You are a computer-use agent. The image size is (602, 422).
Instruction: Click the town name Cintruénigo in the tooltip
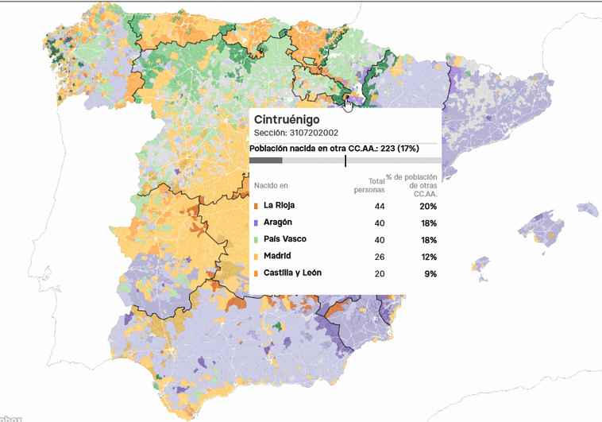tap(287, 119)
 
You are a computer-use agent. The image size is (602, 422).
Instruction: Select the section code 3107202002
tap(296, 133)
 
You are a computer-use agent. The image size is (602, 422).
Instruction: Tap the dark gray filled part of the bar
tap(265, 161)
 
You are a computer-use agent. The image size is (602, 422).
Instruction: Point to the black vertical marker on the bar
tap(345, 161)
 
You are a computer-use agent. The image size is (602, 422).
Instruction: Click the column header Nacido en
tap(271, 186)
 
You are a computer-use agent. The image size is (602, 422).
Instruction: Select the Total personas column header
tap(369, 185)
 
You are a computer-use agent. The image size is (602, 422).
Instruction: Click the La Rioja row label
tap(279, 205)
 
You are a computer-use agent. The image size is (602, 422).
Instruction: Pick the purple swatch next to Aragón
tap(256, 223)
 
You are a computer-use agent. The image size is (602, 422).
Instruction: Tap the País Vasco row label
tap(284, 239)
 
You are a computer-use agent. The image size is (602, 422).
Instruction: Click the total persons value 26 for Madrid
tap(379, 257)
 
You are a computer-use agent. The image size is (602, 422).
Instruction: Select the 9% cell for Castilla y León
tap(430, 273)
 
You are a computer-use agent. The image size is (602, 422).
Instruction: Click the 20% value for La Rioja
tap(429, 206)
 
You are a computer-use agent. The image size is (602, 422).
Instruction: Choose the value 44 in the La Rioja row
tap(379, 206)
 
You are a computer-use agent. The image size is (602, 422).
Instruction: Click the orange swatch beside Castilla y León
tap(256, 273)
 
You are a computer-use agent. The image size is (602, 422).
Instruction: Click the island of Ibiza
tap(480, 265)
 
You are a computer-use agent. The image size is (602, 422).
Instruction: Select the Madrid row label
tap(277, 256)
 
